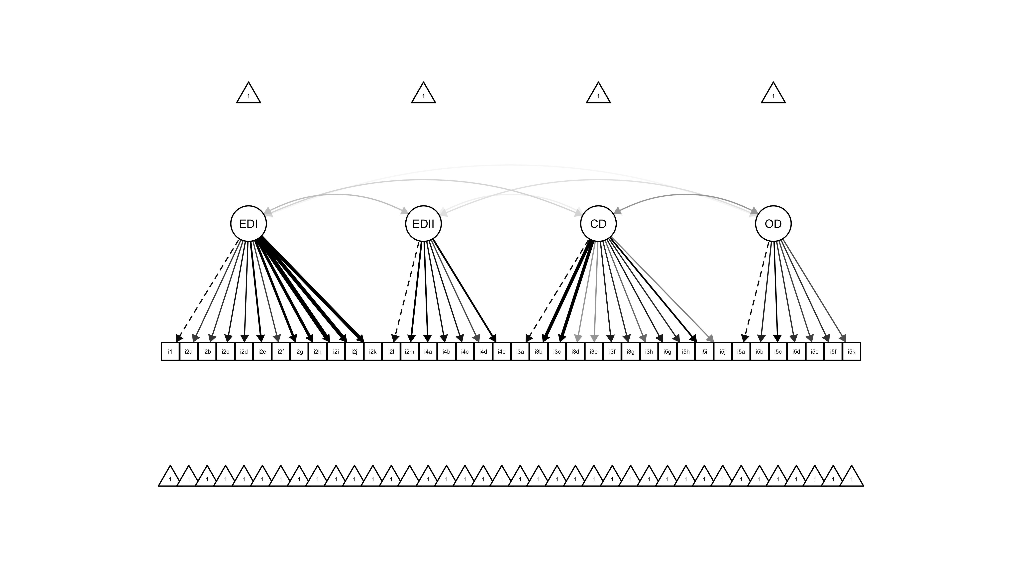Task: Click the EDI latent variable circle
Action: [248, 224]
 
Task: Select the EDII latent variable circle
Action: [423, 224]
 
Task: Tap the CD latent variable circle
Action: [598, 224]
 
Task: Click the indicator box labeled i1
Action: [170, 352]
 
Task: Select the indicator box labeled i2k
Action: [372, 352]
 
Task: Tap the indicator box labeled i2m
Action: [409, 352]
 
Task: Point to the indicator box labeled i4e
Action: [501, 352]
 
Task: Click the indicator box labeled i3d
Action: [575, 352]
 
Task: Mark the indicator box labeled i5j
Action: [722, 352]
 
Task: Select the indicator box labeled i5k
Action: [851, 352]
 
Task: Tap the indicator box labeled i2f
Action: [280, 352]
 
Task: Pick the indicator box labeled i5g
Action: [667, 352]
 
